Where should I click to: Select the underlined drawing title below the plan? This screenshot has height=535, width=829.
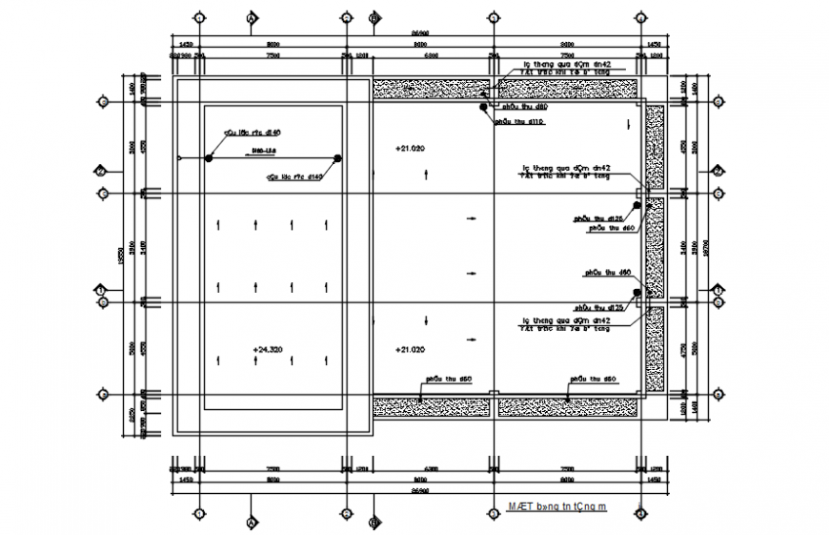(x=556, y=508)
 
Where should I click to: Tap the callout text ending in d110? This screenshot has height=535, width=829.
(x=521, y=122)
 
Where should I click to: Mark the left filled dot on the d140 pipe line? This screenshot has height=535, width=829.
(x=209, y=158)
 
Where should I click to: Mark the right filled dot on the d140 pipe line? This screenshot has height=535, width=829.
(x=338, y=158)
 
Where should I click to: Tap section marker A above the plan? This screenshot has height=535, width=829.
(x=252, y=18)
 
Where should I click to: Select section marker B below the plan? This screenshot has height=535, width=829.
(x=374, y=523)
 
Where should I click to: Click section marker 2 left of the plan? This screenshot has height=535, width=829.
(x=101, y=172)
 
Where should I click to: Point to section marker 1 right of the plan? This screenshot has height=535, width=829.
(x=716, y=289)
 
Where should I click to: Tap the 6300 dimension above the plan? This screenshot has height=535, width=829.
(x=431, y=55)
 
